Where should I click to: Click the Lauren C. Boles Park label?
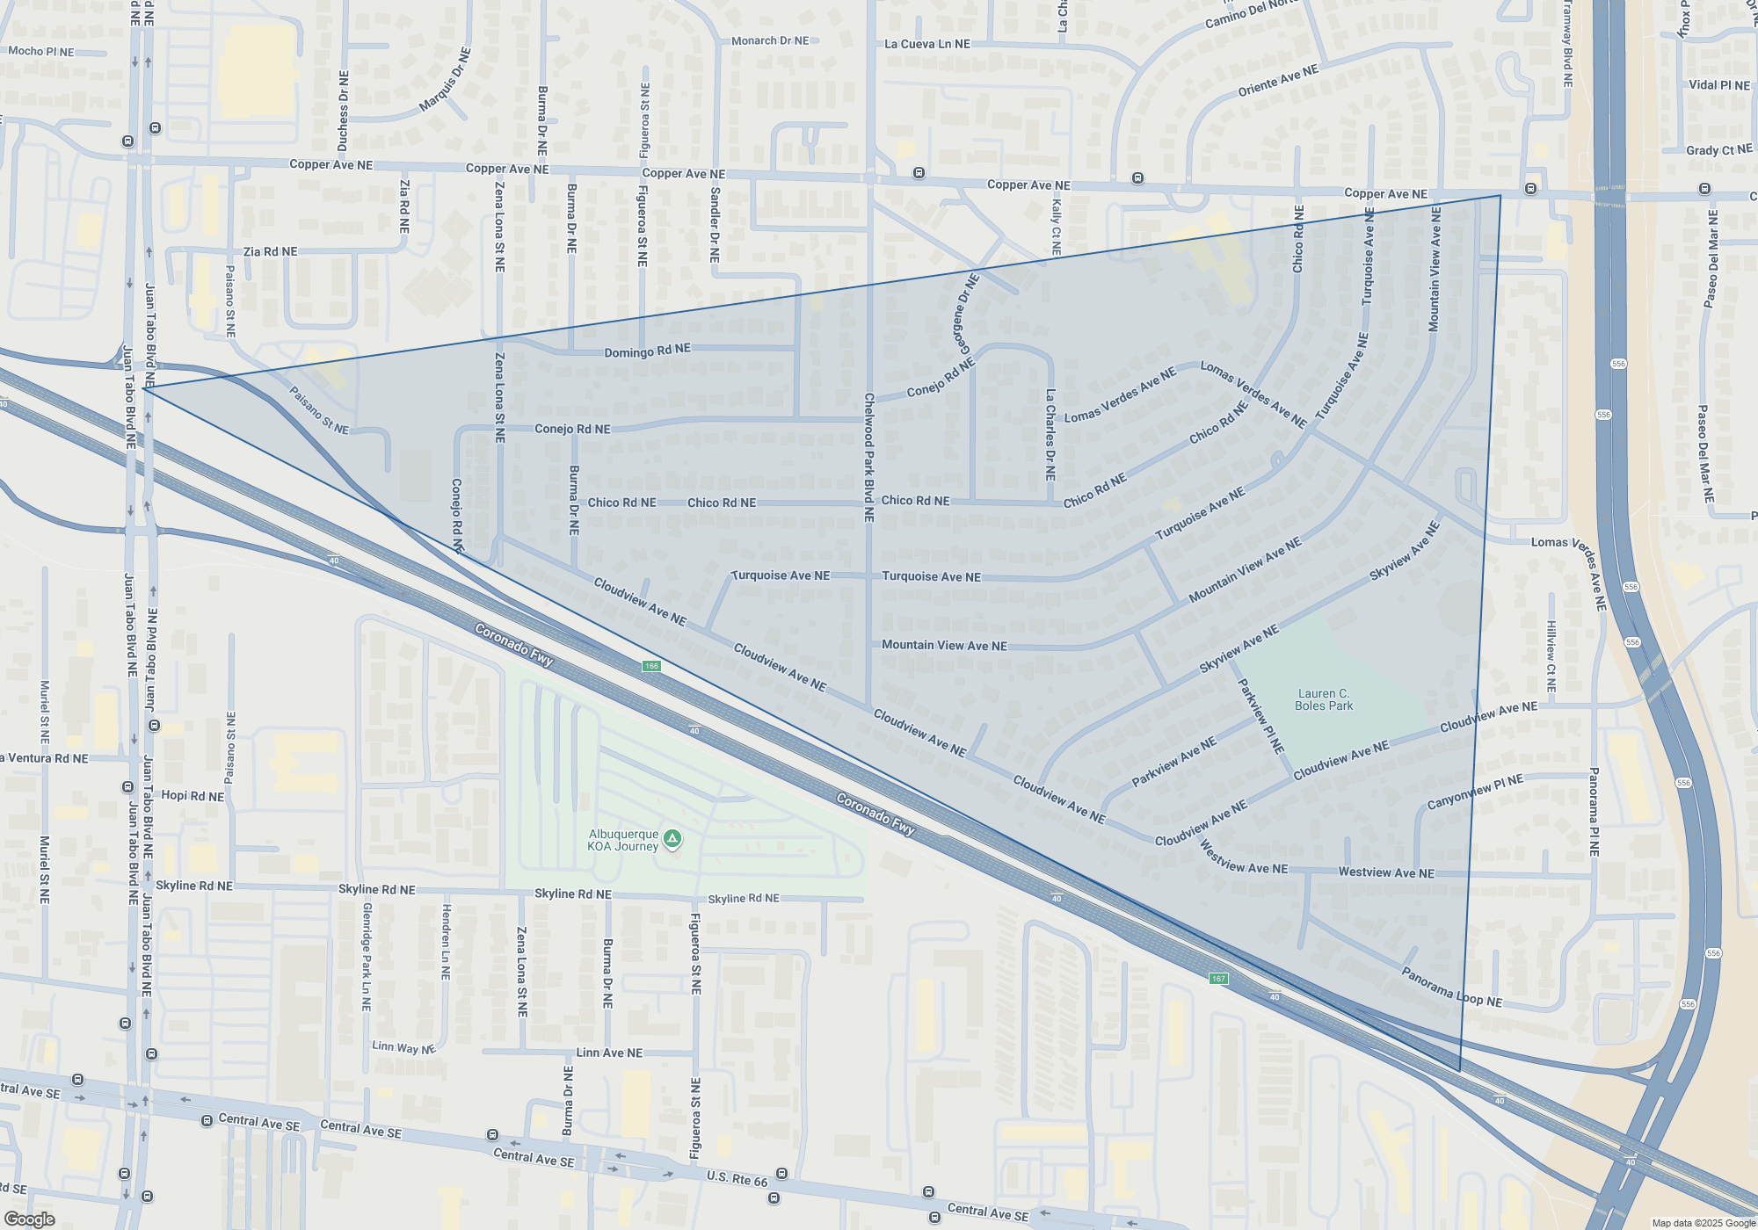click(1324, 699)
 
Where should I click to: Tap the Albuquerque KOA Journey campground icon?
click(672, 839)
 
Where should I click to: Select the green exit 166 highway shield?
click(651, 666)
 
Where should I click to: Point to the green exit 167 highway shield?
click(1218, 979)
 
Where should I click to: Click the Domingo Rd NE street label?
click(647, 351)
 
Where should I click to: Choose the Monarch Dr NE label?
click(770, 40)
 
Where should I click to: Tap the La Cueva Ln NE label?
click(927, 44)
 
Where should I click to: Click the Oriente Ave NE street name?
click(1278, 80)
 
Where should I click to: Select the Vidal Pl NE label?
click(1719, 85)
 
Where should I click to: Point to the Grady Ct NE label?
click(1718, 150)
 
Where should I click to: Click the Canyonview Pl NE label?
click(1475, 792)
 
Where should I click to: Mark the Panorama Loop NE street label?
click(1451, 988)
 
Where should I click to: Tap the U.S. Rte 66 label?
click(737, 1177)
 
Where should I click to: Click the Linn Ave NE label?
click(609, 1053)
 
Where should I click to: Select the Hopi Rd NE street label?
click(193, 796)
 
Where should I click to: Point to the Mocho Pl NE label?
click(41, 51)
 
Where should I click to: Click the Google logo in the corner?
click(29, 1219)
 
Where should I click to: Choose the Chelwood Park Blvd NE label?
click(869, 457)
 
